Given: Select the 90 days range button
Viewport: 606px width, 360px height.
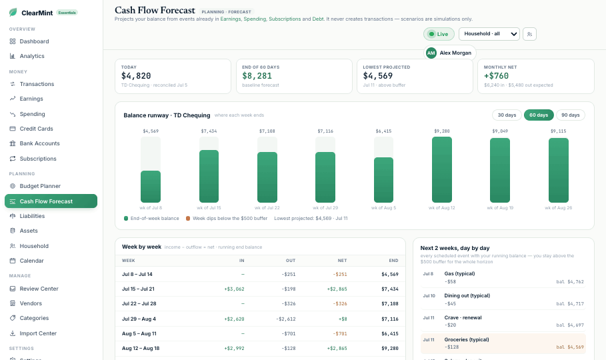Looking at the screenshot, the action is click(570, 115).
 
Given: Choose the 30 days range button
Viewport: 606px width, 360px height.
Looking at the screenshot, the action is click(507, 115).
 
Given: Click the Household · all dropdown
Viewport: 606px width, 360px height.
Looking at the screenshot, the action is click(489, 34).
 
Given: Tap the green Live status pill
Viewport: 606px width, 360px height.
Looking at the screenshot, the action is click(439, 34).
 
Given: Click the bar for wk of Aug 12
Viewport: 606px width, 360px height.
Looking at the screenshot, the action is click(442, 170).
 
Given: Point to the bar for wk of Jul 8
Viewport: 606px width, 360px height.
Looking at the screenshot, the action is click(151, 187).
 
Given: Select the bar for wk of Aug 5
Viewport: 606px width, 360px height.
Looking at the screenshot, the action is click(383, 180).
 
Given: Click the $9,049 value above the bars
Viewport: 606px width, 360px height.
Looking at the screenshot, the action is click(500, 131).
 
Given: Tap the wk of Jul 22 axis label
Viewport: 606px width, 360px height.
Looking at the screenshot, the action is click(267, 207).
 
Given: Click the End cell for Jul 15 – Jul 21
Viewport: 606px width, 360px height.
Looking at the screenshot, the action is click(390, 289).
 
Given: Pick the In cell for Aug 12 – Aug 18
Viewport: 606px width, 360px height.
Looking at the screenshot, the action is click(234, 349).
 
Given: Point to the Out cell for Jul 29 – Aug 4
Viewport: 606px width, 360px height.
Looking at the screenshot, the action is click(286, 319).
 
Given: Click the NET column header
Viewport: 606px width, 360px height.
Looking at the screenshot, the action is click(342, 261).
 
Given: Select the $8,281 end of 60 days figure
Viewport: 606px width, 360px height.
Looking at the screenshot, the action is click(257, 76).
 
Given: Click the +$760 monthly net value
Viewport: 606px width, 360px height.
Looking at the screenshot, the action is click(496, 76).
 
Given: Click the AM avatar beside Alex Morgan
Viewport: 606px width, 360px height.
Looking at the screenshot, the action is click(431, 53).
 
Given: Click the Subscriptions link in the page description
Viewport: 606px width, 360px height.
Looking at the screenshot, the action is click(285, 19).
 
